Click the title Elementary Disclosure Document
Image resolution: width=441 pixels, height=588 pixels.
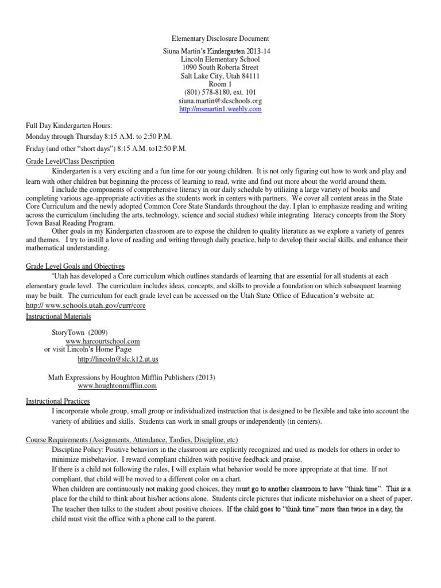(x=220, y=39)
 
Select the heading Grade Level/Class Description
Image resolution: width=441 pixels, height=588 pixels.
(x=71, y=162)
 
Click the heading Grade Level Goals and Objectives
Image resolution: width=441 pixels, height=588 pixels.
(x=75, y=267)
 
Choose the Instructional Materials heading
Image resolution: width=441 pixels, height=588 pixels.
(x=59, y=316)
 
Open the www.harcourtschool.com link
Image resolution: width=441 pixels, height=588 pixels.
(x=103, y=341)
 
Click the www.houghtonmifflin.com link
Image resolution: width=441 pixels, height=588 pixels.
(x=117, y=386)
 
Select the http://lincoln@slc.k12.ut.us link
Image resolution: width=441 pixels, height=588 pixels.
(x=118, y=359)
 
